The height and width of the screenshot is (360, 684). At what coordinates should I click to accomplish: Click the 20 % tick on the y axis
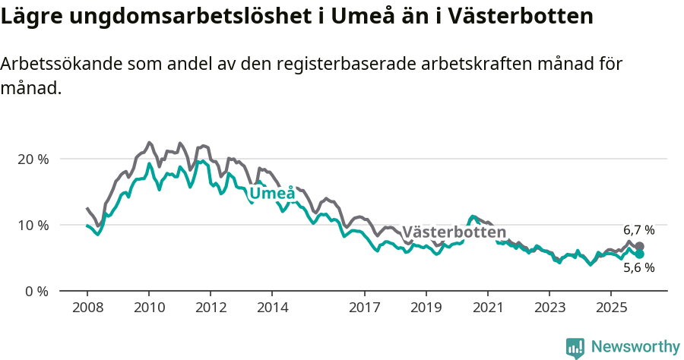click(x=32, y=159)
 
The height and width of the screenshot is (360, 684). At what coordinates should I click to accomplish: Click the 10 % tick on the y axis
click(x=32, y=226)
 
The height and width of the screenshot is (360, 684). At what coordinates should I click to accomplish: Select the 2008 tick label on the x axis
click(x=87, y=308)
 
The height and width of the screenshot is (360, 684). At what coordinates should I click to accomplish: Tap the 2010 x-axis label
click(x=149, y=308)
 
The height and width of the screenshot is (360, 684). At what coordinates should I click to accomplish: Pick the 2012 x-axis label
click(x=211, y=308)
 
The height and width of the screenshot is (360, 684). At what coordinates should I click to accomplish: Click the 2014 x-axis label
click(x=272, y=308)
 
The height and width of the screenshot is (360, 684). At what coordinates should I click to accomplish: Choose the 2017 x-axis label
click(x=365, y=308)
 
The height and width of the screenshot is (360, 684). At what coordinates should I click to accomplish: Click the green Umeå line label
click(x=272, y=194)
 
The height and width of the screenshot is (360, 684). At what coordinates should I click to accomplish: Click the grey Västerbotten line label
click(x=454, y=232)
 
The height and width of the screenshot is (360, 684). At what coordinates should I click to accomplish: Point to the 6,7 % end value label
click(x=638, y=230)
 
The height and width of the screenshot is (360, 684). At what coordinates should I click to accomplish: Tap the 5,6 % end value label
click(x=638, y=267)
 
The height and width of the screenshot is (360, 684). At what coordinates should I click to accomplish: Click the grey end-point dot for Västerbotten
click(x=639, y=247)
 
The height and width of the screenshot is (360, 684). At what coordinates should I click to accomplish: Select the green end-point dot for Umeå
click(x=639, y=254)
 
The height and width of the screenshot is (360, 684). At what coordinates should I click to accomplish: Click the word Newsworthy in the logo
click(x=635, y=347)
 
